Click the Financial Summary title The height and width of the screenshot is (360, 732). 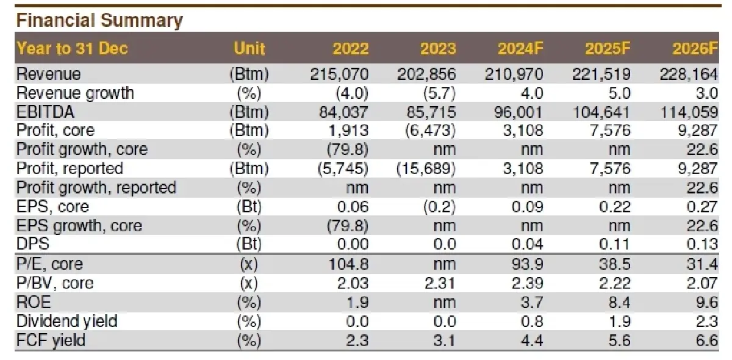pos(99,20)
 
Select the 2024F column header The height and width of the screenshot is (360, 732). pos(520,49)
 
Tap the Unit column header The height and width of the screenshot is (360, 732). pos(249,49)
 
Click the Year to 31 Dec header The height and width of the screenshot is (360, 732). pos(72,49)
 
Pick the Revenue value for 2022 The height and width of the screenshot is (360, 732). pos(339,74)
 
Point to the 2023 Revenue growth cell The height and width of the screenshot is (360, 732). pos(439,93)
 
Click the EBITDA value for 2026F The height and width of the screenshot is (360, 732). pos(689,112)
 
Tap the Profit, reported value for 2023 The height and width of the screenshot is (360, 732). pos(426,169)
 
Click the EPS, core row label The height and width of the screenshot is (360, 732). pos(52,207)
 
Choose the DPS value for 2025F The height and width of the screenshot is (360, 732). pos(614,244)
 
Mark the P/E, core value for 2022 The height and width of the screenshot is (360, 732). pos(348,264)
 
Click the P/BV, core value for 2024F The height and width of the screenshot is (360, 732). pos(527,283)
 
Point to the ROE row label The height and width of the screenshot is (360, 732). pos(34,302)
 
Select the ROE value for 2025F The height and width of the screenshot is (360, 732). pos(619,302)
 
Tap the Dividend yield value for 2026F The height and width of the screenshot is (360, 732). pos(707,321)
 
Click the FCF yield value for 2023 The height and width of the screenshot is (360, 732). pos(445,340)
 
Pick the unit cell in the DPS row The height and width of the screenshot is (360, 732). pos(249,245)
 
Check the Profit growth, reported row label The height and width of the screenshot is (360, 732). pos(96,188)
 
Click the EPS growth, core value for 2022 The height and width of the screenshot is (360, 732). pos(348,226)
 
